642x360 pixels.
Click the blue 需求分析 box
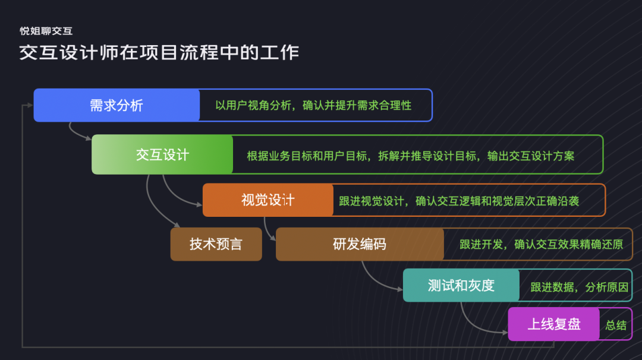[x=117, y=105]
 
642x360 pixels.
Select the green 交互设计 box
[x=162, y=154]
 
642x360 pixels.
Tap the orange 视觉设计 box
[x=267, y=200]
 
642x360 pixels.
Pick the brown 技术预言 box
[x=216, y=244]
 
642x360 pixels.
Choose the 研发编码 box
[x=359, y=244]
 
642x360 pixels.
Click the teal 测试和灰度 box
[x=461, y=285]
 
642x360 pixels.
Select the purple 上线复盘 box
[x=553, y=324]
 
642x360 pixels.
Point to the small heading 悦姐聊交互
[x=46, y=31]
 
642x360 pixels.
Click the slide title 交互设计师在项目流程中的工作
[x=159, y=52]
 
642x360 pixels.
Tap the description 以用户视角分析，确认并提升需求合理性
[x=313, y=106]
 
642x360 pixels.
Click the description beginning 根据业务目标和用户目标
[x=410, y=156]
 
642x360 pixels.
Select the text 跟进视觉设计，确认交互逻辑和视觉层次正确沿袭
[x=459, y=201]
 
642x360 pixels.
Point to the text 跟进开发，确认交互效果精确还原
[x=541, y=244]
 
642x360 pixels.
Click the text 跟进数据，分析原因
[x=579, y=287]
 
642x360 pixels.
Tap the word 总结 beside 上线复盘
[x=616, y=325]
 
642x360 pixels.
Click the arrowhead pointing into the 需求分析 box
[x=30, y=106]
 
